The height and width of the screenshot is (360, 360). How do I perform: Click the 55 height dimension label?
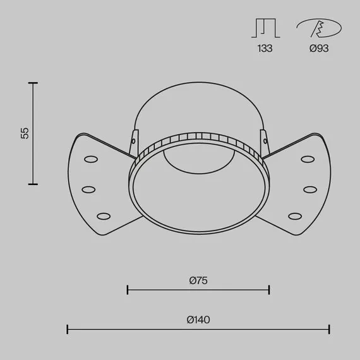tap(25, 133)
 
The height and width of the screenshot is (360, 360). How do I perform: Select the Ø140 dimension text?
tap(198, 320)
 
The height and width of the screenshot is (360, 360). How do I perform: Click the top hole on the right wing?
tap(308, 159)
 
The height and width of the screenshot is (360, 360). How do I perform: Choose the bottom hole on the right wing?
tap(295, 216)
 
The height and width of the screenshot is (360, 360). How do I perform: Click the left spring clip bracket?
tap(133, 143)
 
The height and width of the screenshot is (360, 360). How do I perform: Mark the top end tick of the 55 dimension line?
tap(33, 83)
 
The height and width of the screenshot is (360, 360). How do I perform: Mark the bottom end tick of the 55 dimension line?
tap(33, 184)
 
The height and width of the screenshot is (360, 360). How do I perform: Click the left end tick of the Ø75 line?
tap(128, 290)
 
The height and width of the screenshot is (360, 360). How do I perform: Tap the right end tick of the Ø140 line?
tap(329, 328)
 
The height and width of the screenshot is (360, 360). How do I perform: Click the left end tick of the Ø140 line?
tap(68, 328)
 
